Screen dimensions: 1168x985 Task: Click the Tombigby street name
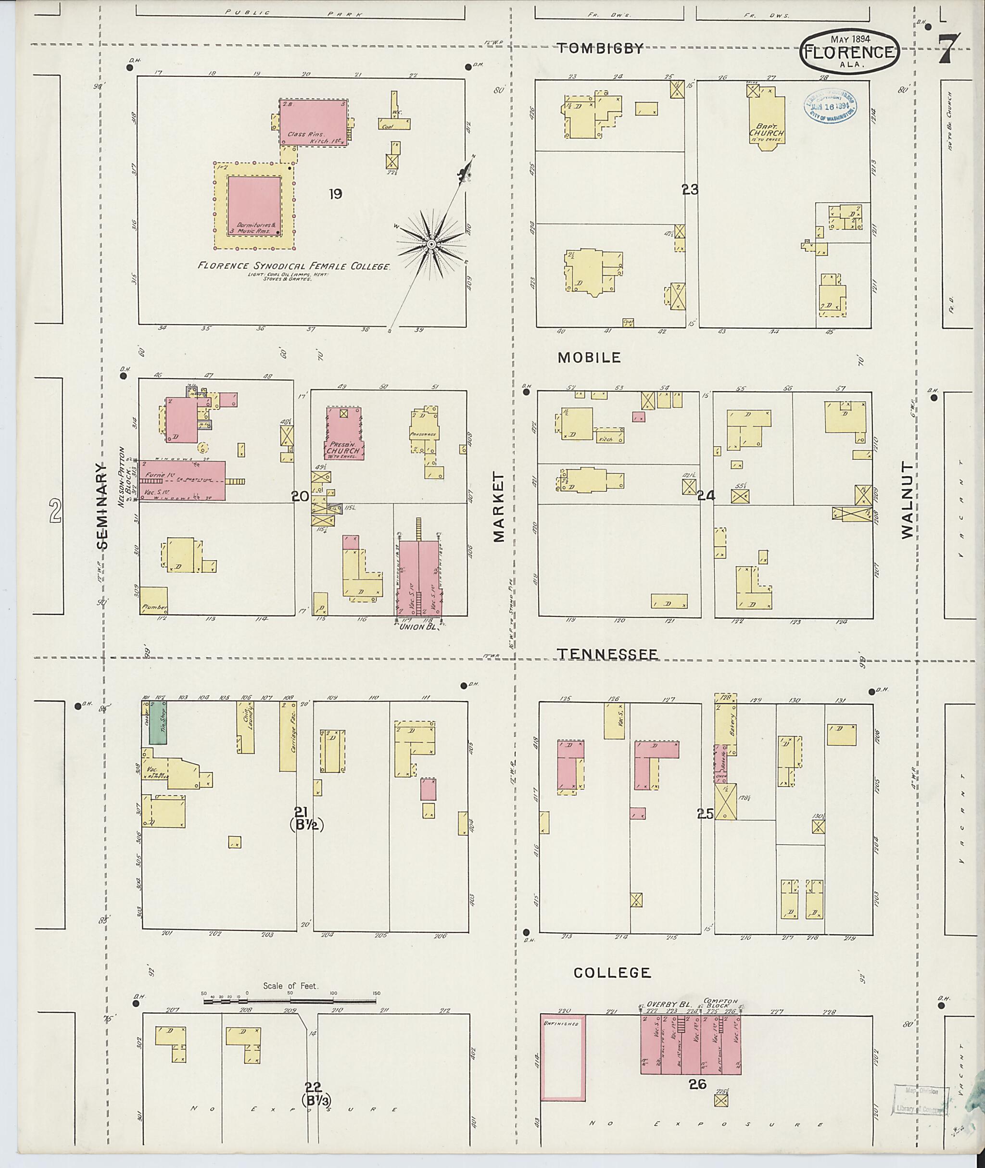[601, 49]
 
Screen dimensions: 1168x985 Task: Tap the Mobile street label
[589, 358]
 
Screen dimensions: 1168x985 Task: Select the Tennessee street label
[607, 654]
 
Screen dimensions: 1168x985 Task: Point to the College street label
[612, 973]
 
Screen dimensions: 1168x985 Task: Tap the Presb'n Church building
[344, 433]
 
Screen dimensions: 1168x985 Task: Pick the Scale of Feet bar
[290, 1002]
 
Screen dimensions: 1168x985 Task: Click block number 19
[335, 194]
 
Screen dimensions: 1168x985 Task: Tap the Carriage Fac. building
[288, 736]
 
